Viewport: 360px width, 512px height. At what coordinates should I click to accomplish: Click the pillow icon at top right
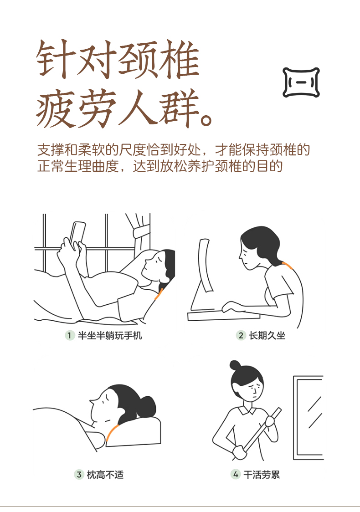[301, 82]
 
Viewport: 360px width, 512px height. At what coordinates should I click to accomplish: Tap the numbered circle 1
[69, 335]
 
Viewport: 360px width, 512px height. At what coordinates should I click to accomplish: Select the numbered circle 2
[241, 335]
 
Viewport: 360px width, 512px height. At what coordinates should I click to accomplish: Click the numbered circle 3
[79, 475]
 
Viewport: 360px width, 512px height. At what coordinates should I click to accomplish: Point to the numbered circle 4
[236, 475]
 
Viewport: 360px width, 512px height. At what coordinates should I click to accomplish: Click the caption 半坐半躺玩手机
[110, 335]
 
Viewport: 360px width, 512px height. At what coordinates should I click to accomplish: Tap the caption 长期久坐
[267, 335]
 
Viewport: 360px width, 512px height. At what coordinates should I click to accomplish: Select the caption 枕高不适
[105, 475]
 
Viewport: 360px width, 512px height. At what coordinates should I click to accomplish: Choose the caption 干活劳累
[262, 475]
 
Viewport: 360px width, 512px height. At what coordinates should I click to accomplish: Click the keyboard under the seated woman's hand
[224, 315]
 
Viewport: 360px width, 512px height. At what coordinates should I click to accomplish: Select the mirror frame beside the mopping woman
[308, 418]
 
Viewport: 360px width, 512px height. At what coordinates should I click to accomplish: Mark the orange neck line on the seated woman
[288, 265]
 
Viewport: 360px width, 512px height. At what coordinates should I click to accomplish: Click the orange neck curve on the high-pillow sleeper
[112, 432]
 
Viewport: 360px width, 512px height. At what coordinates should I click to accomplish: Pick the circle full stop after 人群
[206, 120]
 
